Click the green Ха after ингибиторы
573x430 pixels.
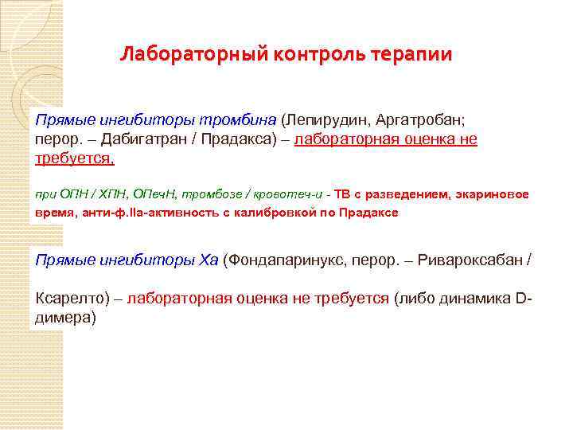208,260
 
